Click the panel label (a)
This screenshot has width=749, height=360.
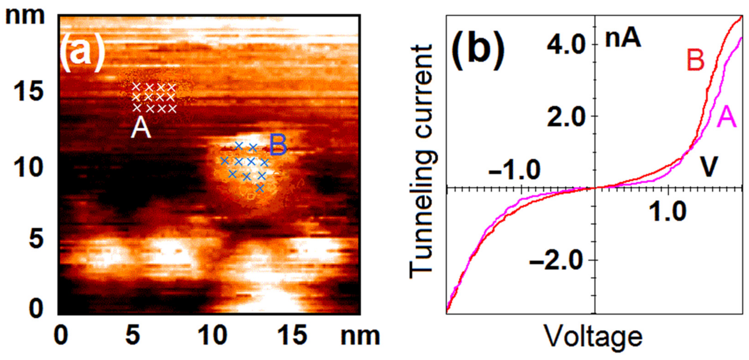click(82, 52)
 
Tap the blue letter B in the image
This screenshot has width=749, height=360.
click(278, 145)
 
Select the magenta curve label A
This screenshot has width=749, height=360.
click(726, 117)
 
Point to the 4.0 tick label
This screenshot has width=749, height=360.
click(566, 45)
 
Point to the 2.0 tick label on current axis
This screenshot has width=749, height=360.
click(566, 117)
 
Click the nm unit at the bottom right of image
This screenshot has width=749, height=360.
click(360, 336)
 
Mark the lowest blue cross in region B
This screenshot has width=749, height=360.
click(260, 188)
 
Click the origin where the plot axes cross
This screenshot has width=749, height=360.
click(595, 188)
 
